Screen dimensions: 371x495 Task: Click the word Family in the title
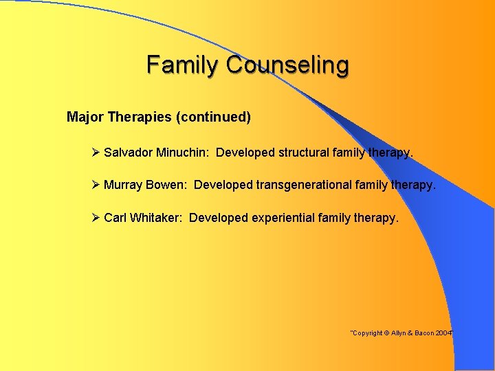pyautogui.click(x=183, y=65)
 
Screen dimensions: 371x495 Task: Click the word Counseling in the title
pyautogui.click(x=287, y=66)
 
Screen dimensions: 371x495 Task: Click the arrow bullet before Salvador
pyautogui.click(x=96, y=152)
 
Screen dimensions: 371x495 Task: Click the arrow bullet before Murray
pyautogui.click(x=96, y=185)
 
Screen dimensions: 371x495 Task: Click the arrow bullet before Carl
pyautogui.click(x=96, y=218)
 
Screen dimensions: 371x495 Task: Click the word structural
pyautogui.click(x=305, y=153)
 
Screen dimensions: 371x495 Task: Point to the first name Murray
pyautogui.click(x=123, y=185)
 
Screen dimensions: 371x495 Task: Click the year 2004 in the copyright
pyautogui.click(x=443, y=333)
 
